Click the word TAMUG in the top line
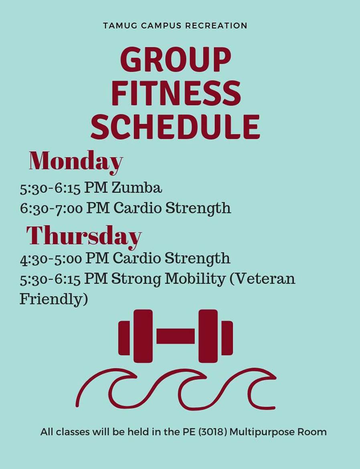(x=120, y=26)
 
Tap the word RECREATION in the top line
(x=216, y=26)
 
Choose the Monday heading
(x=76, y=162)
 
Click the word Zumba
(x=137, y=188)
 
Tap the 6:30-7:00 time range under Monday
(x=51, y=208)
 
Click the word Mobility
(x=195, y=279)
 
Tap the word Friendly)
(x=54, y=299)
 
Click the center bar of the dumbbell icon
(x=176, y=336)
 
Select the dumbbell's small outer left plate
(x=124, y=338)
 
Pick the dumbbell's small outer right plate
(x=227, y=338)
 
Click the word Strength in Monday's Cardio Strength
(x=198, y=208)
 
